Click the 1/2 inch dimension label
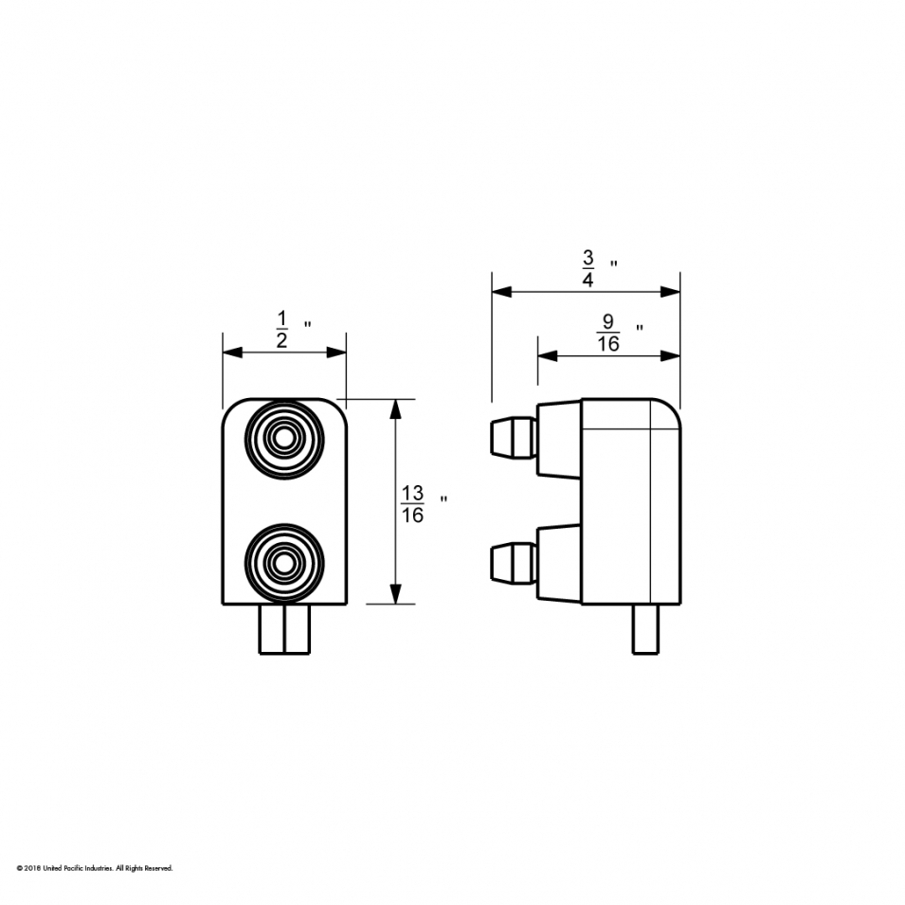click(282, 330)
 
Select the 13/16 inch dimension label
click(413, 504)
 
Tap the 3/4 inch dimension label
click(588, 268)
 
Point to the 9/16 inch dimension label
click(608, 334)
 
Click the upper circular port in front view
click(283, 437)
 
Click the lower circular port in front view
click(283, 564)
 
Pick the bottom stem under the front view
click(284, 629)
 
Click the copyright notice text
click(95, 867)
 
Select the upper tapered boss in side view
click(559, 438)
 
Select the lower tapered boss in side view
click(559, 563)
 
